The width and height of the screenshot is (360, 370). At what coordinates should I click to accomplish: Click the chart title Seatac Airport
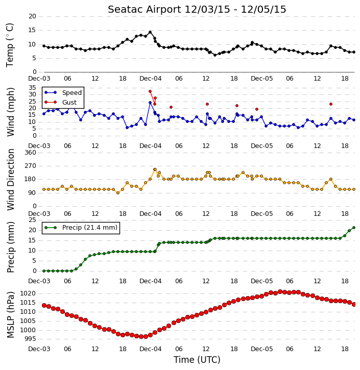(x=145, y=10)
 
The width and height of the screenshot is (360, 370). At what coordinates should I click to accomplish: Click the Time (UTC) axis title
(x=197, y=360)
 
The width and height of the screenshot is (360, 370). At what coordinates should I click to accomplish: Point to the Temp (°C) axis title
(x=10, y=45)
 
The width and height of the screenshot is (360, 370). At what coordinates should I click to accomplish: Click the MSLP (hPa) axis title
(x=10, y=314)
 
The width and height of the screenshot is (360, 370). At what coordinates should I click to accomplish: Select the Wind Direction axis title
(x=10, y=180)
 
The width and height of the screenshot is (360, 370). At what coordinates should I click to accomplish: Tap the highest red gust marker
(x=150, y=91)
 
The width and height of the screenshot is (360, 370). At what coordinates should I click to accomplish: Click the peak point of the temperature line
(x=150, y=32)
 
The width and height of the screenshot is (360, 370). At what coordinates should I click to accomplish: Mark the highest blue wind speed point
(x=150, y=103)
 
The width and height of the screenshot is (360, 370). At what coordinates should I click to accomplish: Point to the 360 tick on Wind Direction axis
(x=31, y=153)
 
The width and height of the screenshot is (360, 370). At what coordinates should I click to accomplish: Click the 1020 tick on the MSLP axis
(x=28, y=293)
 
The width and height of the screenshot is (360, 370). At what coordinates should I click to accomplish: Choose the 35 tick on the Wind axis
(x=32, y=88)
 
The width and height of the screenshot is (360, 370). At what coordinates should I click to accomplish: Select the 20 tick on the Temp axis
(x=32, y=16)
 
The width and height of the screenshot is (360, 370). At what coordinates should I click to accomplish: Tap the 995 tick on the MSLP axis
(x=30, y=339)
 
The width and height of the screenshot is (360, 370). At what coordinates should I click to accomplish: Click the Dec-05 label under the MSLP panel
(x=261, y=349)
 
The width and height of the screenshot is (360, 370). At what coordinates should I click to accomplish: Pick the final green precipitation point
(x=354, y=228)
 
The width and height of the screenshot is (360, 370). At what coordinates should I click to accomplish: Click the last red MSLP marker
(x=354, y=304)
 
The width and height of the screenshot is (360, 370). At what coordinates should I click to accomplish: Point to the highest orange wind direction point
(x=155, y=169)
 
